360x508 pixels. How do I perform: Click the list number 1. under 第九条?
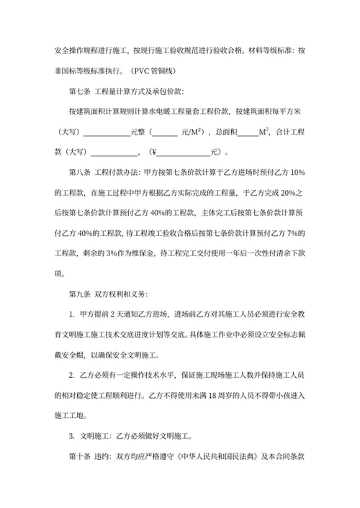[x=72, y=314]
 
